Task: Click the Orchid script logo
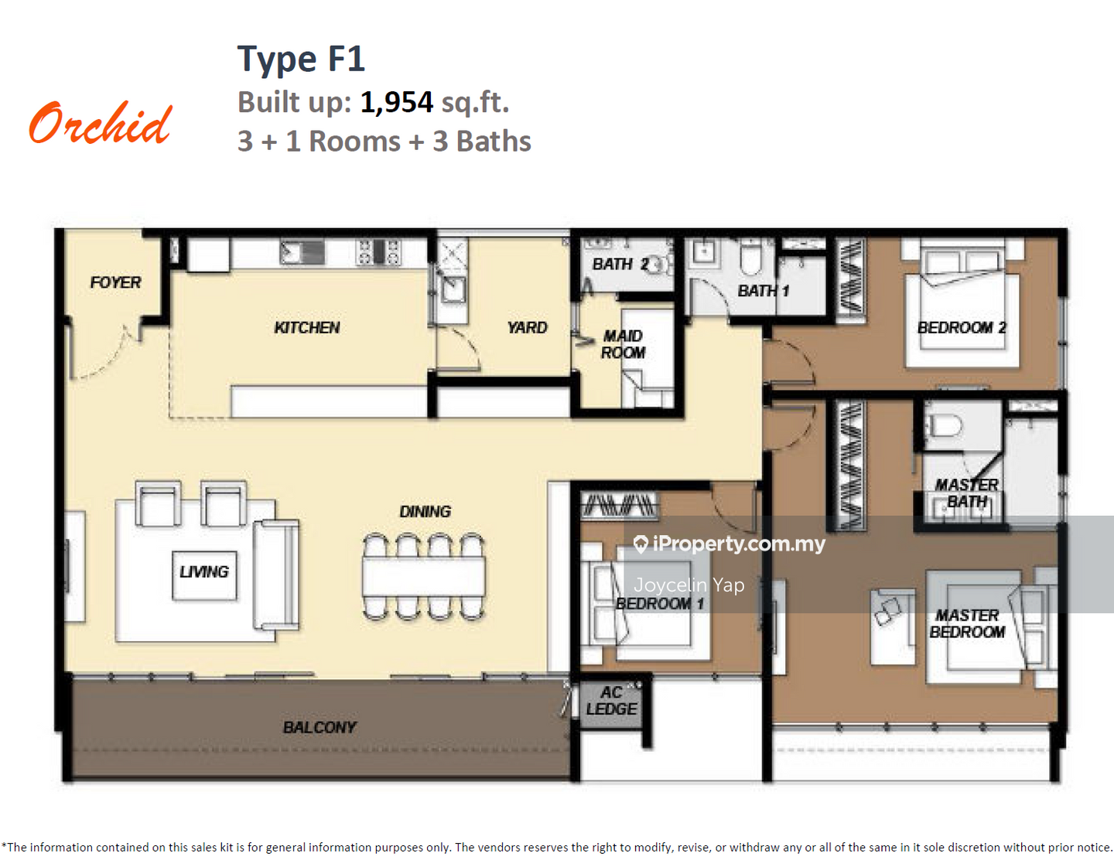pyautogui.click(x=101, y=123)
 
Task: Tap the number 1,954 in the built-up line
pyautogui.click(x=396, y=103)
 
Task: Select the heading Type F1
pyautogui.click(x=301, y=59)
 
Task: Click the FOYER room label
pyautogui.click(x=115, y=282)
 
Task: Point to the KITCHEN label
pyautogui.click(x=306, y=327)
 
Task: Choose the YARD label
pyautogui.click(x=527, y=327)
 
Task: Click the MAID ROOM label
pyautogui.click(x=623, y=344)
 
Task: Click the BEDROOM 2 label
pyautogui.click(x=962, y=327)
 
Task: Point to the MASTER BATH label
pyautogui.click(x=967, y=493)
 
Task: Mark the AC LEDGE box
pyautogui.click(x=611, y=701)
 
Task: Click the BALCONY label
pyautogui.click(x=320, y=727)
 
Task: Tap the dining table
pyautogui.click(x=423, y=577)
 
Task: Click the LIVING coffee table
pyautogui.click(x=204, y=575)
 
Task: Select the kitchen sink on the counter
pyautogui.click(x=302, y=252)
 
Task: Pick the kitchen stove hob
pyautogui.click(x=378, y=252)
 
